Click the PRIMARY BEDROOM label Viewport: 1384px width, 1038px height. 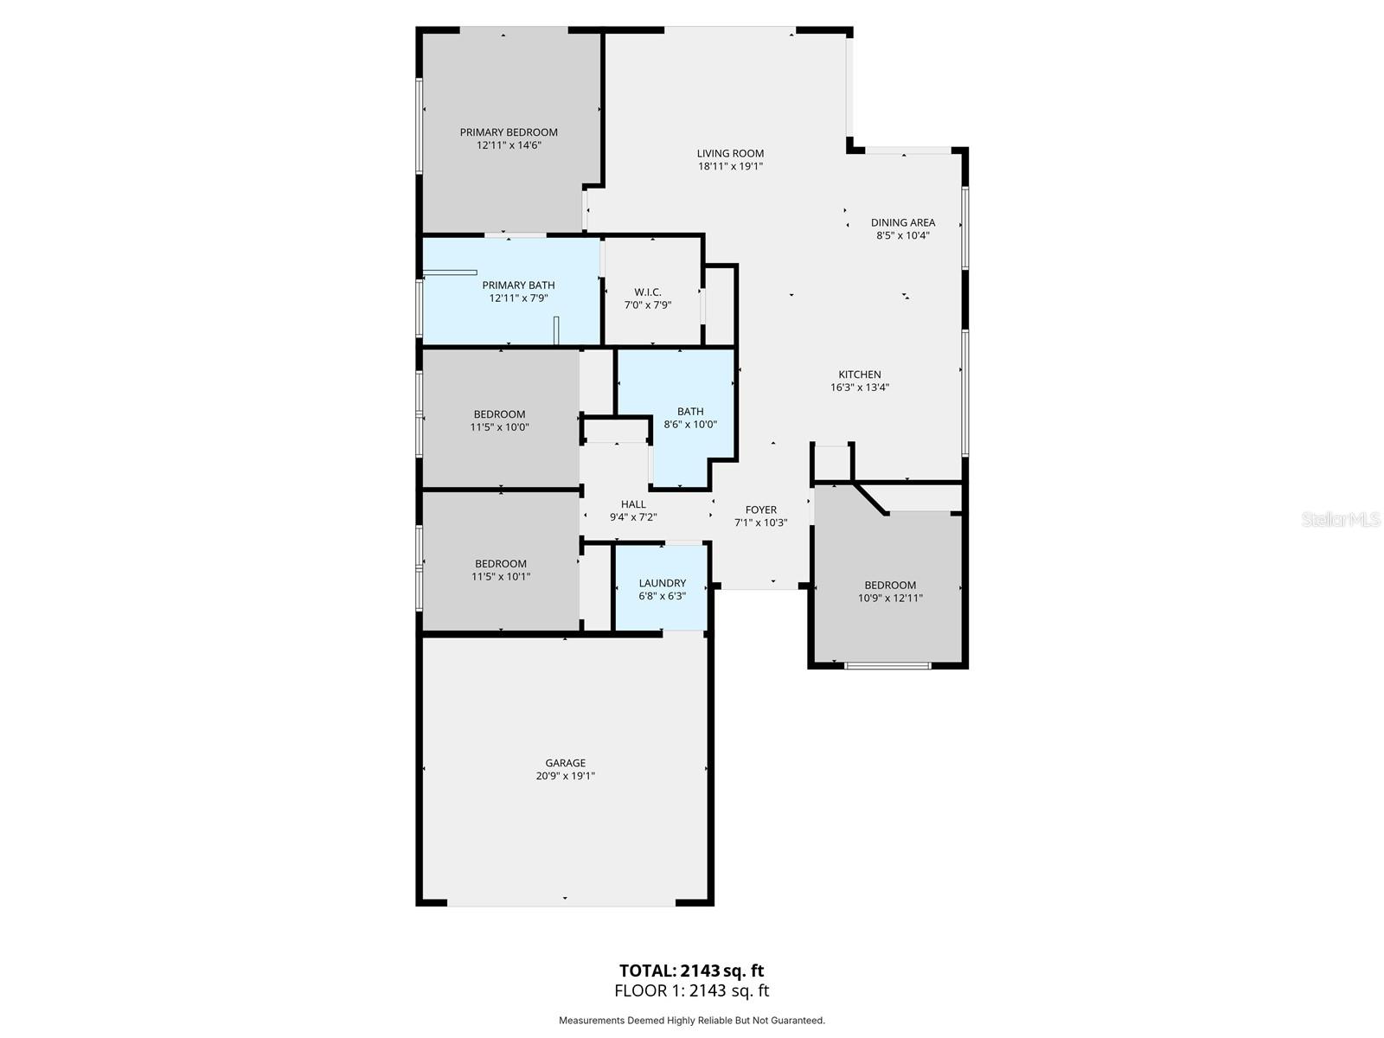coord(509,132)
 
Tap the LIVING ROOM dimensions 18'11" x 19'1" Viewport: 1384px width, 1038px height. coord(730,166)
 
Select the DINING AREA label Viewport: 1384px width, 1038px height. coord(902,222)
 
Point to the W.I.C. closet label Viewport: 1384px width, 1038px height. coord(647,292)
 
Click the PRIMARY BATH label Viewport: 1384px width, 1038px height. coord(518,285)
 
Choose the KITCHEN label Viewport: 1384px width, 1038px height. coord(859,375)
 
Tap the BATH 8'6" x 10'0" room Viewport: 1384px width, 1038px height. coord(689,418)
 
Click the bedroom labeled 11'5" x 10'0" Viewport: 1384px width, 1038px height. coord(499,420)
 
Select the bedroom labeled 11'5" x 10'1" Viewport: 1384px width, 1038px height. coord(500,570)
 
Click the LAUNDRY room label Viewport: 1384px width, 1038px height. coord(662,583)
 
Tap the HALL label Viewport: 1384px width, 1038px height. coord(633,504)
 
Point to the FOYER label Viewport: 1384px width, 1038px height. coord(760,509)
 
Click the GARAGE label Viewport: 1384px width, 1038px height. coord(565,763)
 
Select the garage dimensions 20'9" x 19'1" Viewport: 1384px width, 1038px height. coord(565,776)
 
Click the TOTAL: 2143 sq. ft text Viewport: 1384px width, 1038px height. coord(691,971)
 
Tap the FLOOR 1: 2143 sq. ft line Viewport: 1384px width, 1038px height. coord(691,991)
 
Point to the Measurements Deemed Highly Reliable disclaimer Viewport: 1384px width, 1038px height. coord(691,1021)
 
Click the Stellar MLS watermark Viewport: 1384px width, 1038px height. coord(1341,520)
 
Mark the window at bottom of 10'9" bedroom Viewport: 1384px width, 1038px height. coord(887,665)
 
